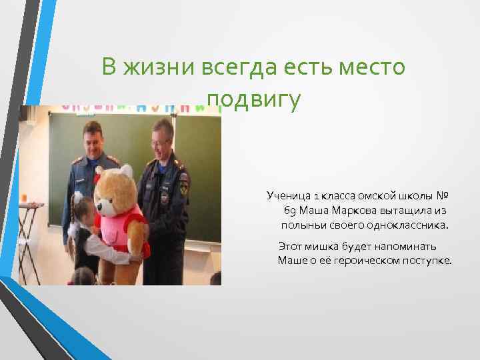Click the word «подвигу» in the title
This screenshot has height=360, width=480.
(x=254, y=100)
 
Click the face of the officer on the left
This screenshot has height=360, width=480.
(x=93, y=141)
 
